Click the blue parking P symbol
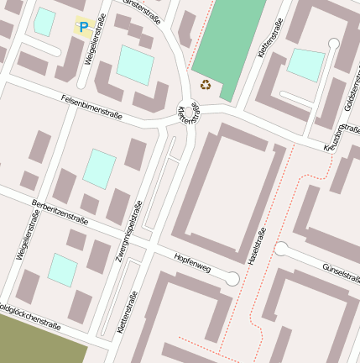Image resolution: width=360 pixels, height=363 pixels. [83, 28]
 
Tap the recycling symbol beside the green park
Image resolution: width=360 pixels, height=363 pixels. [206, 83]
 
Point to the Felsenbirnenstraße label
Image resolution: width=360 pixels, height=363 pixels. [92, 105]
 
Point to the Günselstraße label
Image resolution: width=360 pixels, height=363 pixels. [340, 271]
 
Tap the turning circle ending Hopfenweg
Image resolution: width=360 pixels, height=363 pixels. [232, 279]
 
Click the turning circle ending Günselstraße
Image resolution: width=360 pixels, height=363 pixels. [281, 249]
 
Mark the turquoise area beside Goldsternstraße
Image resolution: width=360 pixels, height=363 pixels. [305, 65]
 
